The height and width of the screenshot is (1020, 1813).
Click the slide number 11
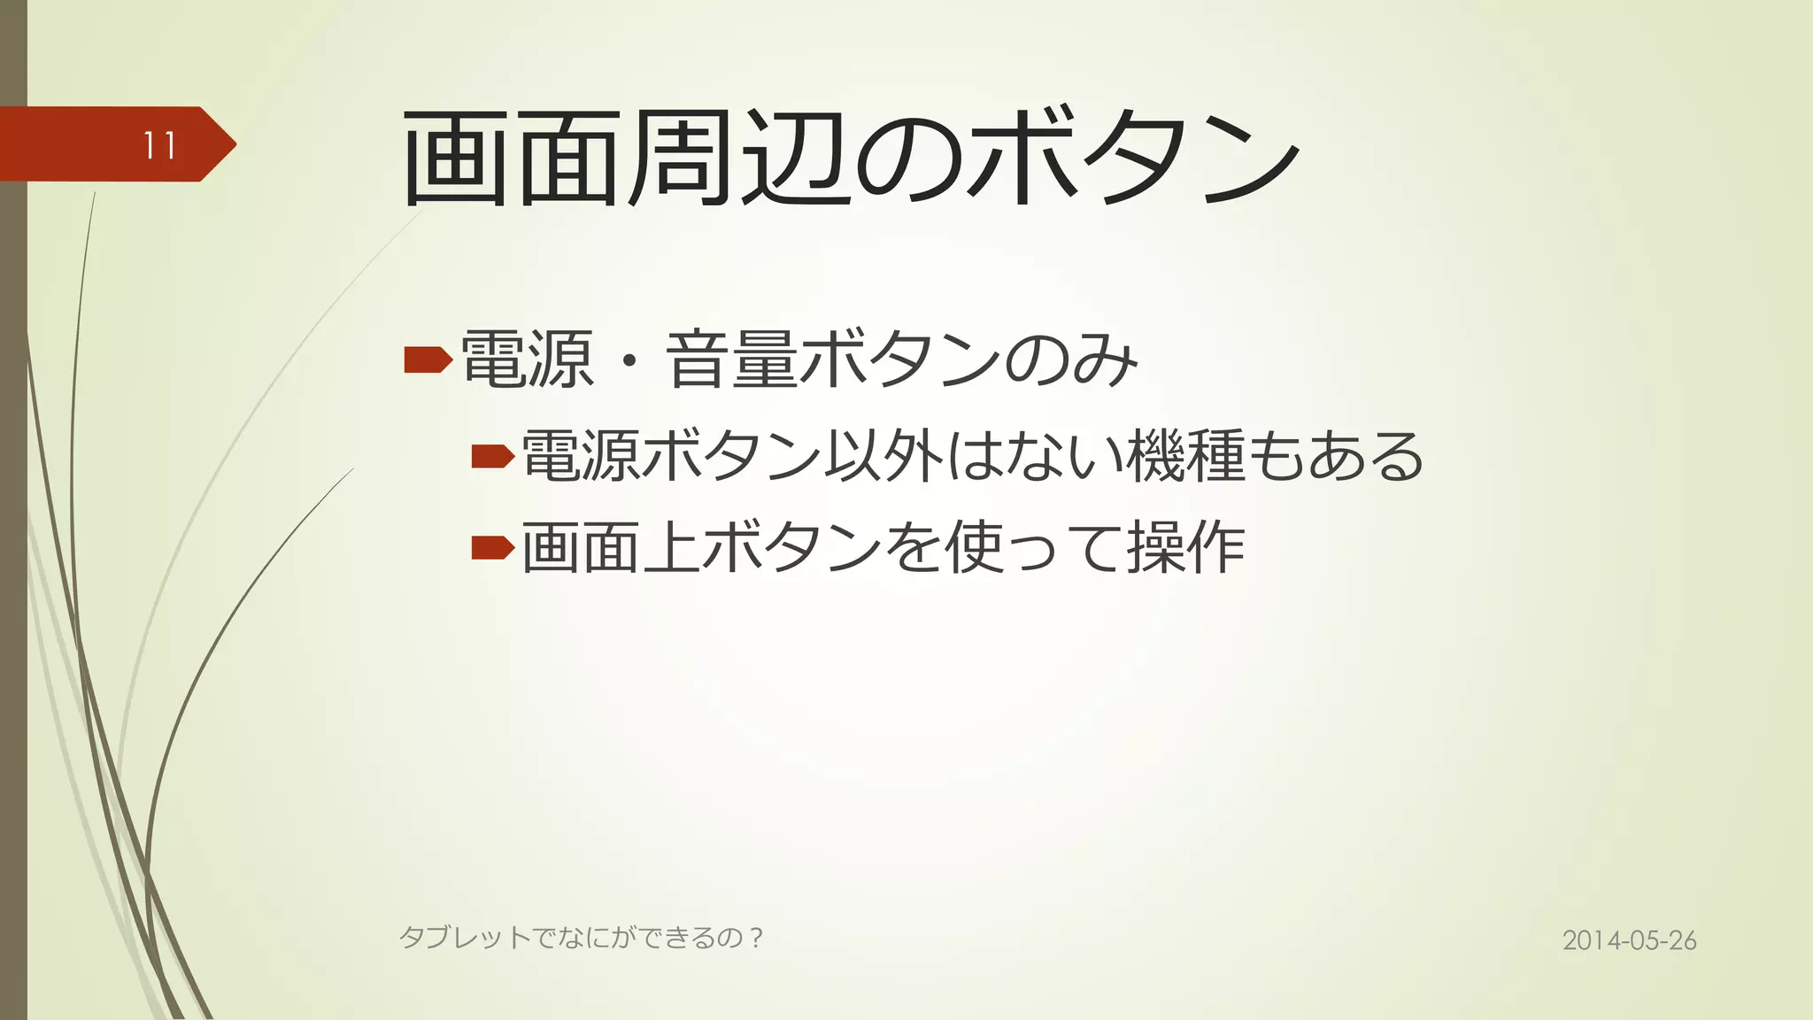pyautogui.click(x=160, y=145)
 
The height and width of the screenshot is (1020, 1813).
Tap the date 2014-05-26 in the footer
pyautogui.click(x=1629, y=940)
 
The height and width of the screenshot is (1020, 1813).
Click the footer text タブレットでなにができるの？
pyautogui.click(x=581, y=937)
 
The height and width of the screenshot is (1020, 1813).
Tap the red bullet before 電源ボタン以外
pyautogui.click(x=492, y=457)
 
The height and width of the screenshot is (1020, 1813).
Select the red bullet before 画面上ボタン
pyautogui.click(x=492, y=548)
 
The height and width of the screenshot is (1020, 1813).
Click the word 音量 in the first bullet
pyautogui.click(x=732, y=359)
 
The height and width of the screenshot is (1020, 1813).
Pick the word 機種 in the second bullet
pyautogui.click(x=1185, y=456)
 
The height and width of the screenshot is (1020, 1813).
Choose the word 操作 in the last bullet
pyautogui.click(x=1185, y=548)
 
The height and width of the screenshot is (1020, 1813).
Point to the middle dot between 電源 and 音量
pyautogui.click(x=629, y=361)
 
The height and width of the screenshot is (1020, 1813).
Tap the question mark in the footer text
pyautogui.click(x=755, y=937)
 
